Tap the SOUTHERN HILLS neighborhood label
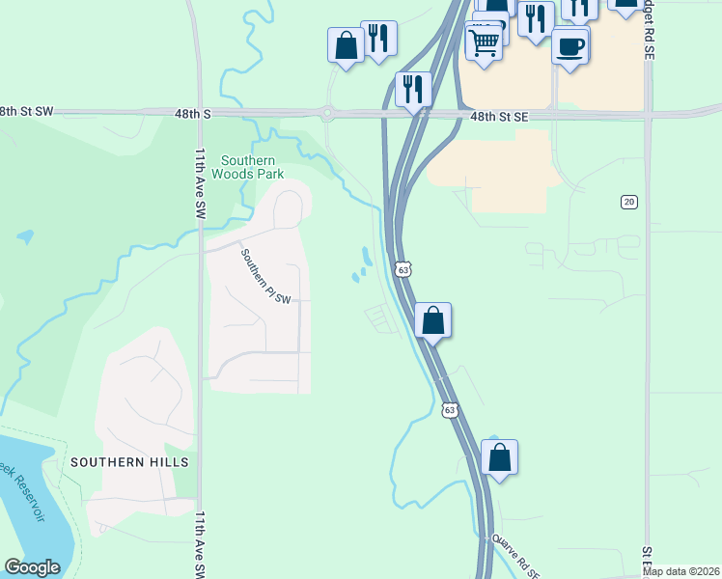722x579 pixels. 129,462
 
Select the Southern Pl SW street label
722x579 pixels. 265,276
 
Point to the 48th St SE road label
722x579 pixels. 500,116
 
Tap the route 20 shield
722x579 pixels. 629,201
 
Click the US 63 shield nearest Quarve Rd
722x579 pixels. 449,410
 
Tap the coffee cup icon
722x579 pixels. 570,46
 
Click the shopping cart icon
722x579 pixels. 484,41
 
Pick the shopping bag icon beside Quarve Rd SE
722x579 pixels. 499,456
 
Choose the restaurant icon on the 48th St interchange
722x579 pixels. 413,89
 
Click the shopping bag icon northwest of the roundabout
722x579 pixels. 346,45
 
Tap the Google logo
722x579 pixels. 32,567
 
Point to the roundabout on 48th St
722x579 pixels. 327,114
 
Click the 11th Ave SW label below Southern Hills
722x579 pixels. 201,545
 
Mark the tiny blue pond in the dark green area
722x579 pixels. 24,236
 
